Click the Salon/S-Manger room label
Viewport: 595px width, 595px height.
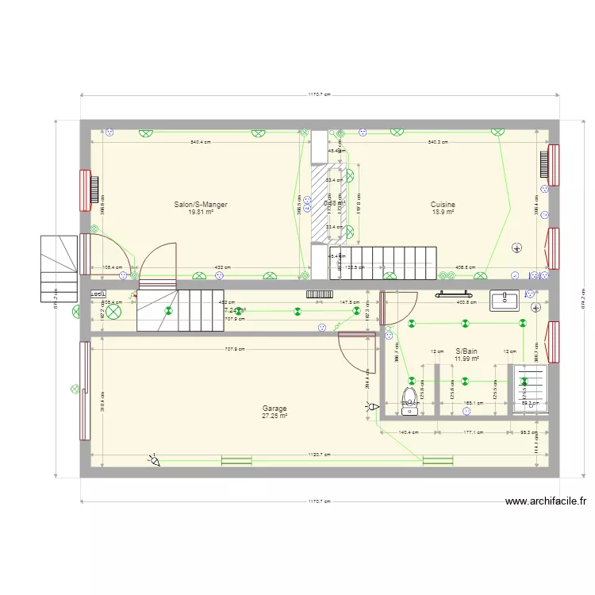[x=201, y=205]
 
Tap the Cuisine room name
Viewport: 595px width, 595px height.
[x=443, y=205]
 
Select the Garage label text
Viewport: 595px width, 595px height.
[x=274, y=409]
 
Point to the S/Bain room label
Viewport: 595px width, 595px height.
[x=466, y=351]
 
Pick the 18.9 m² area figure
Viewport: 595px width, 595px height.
[x=443, y=213]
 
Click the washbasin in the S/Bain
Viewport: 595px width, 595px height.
[x=505, y=301]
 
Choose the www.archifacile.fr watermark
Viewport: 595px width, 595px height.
[x=547, y=501]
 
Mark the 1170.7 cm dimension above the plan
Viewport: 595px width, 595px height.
[x=320, y=94]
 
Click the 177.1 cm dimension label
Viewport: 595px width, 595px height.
[x=473, y=433]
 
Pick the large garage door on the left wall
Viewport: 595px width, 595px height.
[x=83, y=390]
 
